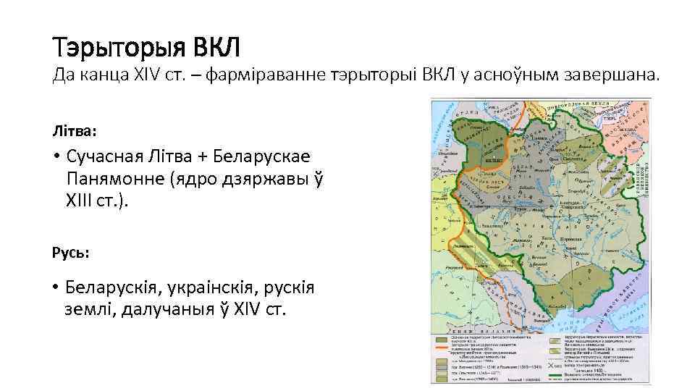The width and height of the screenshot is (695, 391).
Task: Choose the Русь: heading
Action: (70, 253)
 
